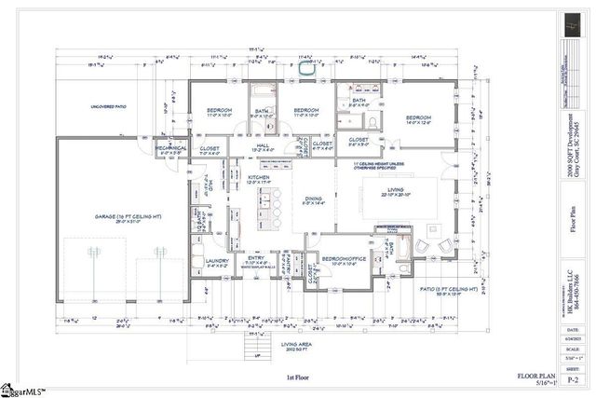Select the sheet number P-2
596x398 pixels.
(571, 375)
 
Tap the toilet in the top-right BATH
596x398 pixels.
(372, 121)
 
